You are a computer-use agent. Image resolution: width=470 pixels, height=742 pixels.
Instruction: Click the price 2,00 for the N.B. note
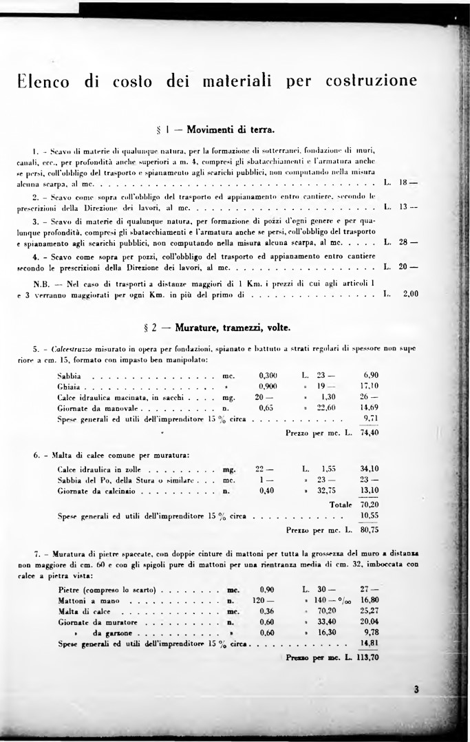coord(410,294)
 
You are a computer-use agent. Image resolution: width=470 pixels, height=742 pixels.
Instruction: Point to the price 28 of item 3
coord(404,242)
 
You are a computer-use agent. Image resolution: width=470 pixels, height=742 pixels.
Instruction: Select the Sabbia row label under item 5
coord(70,375)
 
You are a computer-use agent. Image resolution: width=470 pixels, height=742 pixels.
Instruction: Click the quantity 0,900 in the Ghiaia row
coord(267,386)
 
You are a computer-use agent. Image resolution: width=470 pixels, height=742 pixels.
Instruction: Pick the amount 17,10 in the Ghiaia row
coord(370,386)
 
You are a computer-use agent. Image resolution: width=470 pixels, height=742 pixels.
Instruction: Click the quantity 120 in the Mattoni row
coord(262,600)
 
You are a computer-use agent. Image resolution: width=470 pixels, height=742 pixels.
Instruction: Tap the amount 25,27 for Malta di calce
coord(370,611)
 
